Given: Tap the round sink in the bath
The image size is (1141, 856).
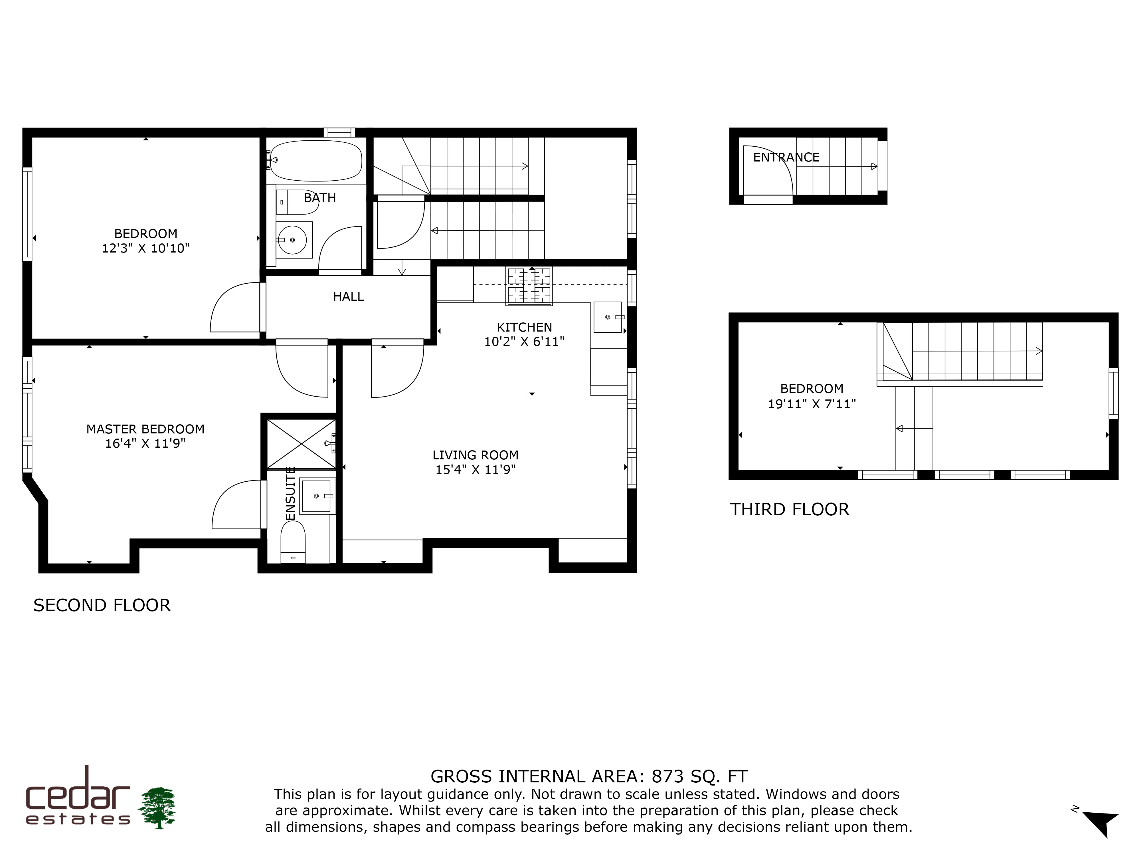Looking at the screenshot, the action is [292, 240].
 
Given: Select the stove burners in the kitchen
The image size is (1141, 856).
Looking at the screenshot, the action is [529, 286].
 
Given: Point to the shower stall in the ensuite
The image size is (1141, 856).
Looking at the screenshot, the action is [301, 443].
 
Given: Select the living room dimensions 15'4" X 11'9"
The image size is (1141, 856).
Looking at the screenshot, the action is [476, 470].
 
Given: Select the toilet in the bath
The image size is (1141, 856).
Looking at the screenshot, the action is [298, 202].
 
